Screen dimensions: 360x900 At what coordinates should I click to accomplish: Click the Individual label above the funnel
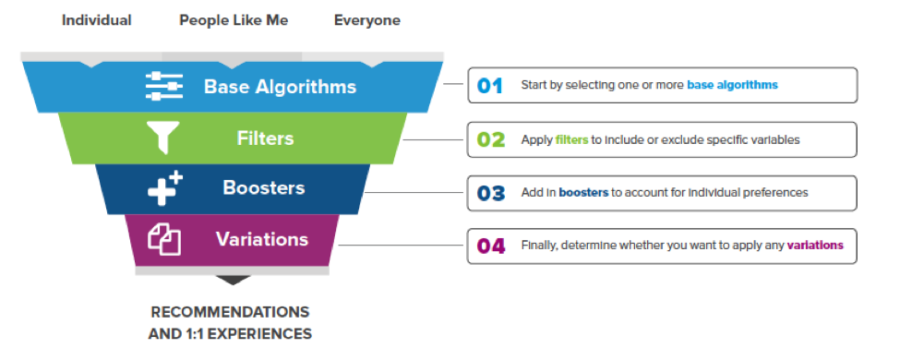point(96,20)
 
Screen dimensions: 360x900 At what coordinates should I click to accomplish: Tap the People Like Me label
point(233,20)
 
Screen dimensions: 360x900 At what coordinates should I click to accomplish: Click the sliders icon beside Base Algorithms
point(164,87)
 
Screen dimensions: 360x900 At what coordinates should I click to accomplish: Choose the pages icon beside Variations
point(164,240)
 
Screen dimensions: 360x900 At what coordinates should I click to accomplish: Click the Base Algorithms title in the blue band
point(280,87)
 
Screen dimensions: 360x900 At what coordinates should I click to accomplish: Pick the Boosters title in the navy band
point(264,188)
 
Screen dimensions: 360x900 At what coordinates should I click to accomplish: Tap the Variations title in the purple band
point(262,240)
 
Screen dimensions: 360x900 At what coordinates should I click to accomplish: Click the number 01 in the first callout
point(490,85)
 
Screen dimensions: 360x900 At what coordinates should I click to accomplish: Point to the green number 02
point(490,139)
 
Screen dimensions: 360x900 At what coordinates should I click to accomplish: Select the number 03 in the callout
point(490,192)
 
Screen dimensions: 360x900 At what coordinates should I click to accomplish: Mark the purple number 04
point(490,245)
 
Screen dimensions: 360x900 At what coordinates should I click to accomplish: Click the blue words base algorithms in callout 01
point(732,85)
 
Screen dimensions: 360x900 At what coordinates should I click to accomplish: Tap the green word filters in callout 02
point(572,139)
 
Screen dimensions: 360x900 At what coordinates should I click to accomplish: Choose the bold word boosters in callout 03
point(583,192)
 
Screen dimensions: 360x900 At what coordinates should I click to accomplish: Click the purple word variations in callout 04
point(815,245)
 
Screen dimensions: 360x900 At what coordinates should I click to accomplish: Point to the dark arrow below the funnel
point(233,280)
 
